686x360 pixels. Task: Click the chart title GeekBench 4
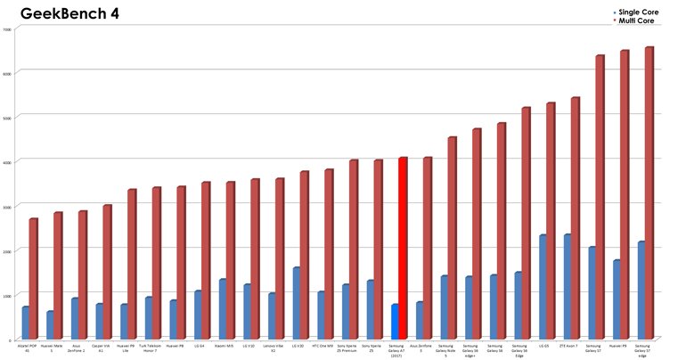click(x=69, y=14)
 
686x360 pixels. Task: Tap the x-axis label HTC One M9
click(x=323, y=346)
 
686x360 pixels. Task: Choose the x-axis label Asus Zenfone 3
click(x=421, y=348)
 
